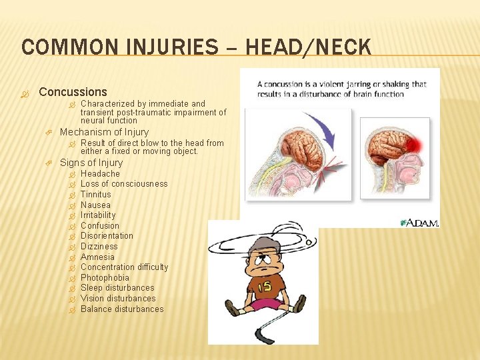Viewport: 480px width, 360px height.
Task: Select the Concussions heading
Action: point(73,92)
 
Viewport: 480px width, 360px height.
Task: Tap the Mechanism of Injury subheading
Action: point(104,132)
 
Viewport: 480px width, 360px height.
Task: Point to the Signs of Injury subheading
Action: point(91,163)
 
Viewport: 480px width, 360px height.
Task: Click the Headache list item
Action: point(100,174)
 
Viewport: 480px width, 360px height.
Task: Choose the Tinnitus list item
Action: point(96,195)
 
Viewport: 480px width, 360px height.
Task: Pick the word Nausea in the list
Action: point(95,205)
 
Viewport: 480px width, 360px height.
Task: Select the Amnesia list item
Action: point(97,257)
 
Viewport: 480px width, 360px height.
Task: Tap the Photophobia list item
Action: point(105,278)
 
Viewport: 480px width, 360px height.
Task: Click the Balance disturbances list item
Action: point(122,309)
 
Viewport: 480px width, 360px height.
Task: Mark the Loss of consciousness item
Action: point(124,184)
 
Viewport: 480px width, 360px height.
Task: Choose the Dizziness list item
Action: point(99,247)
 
